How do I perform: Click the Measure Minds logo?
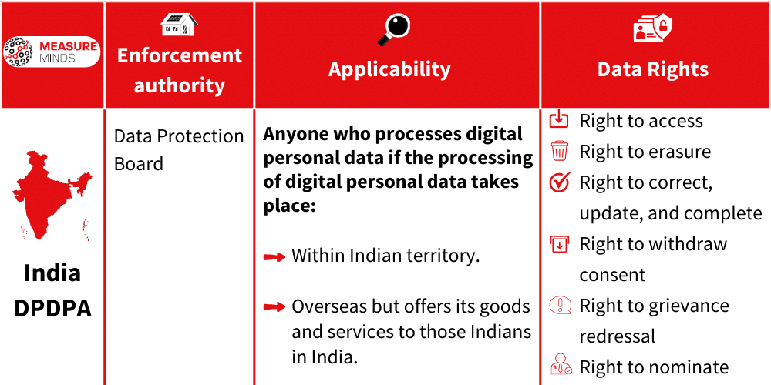click(51, 52)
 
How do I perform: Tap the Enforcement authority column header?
click(179, 70)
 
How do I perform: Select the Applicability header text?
click(389, 69)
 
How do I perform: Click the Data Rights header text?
click(653, 69)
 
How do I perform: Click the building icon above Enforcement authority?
click(179, 25)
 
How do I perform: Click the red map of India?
click(52, 192)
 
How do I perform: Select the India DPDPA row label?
click(52, 290)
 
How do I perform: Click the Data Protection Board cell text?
click(179, 150)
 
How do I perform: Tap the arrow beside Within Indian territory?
click(274, 257)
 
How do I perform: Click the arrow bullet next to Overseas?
click(274, 307)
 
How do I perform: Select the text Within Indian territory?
click(385, 256)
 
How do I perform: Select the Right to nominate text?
click(654, 367)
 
